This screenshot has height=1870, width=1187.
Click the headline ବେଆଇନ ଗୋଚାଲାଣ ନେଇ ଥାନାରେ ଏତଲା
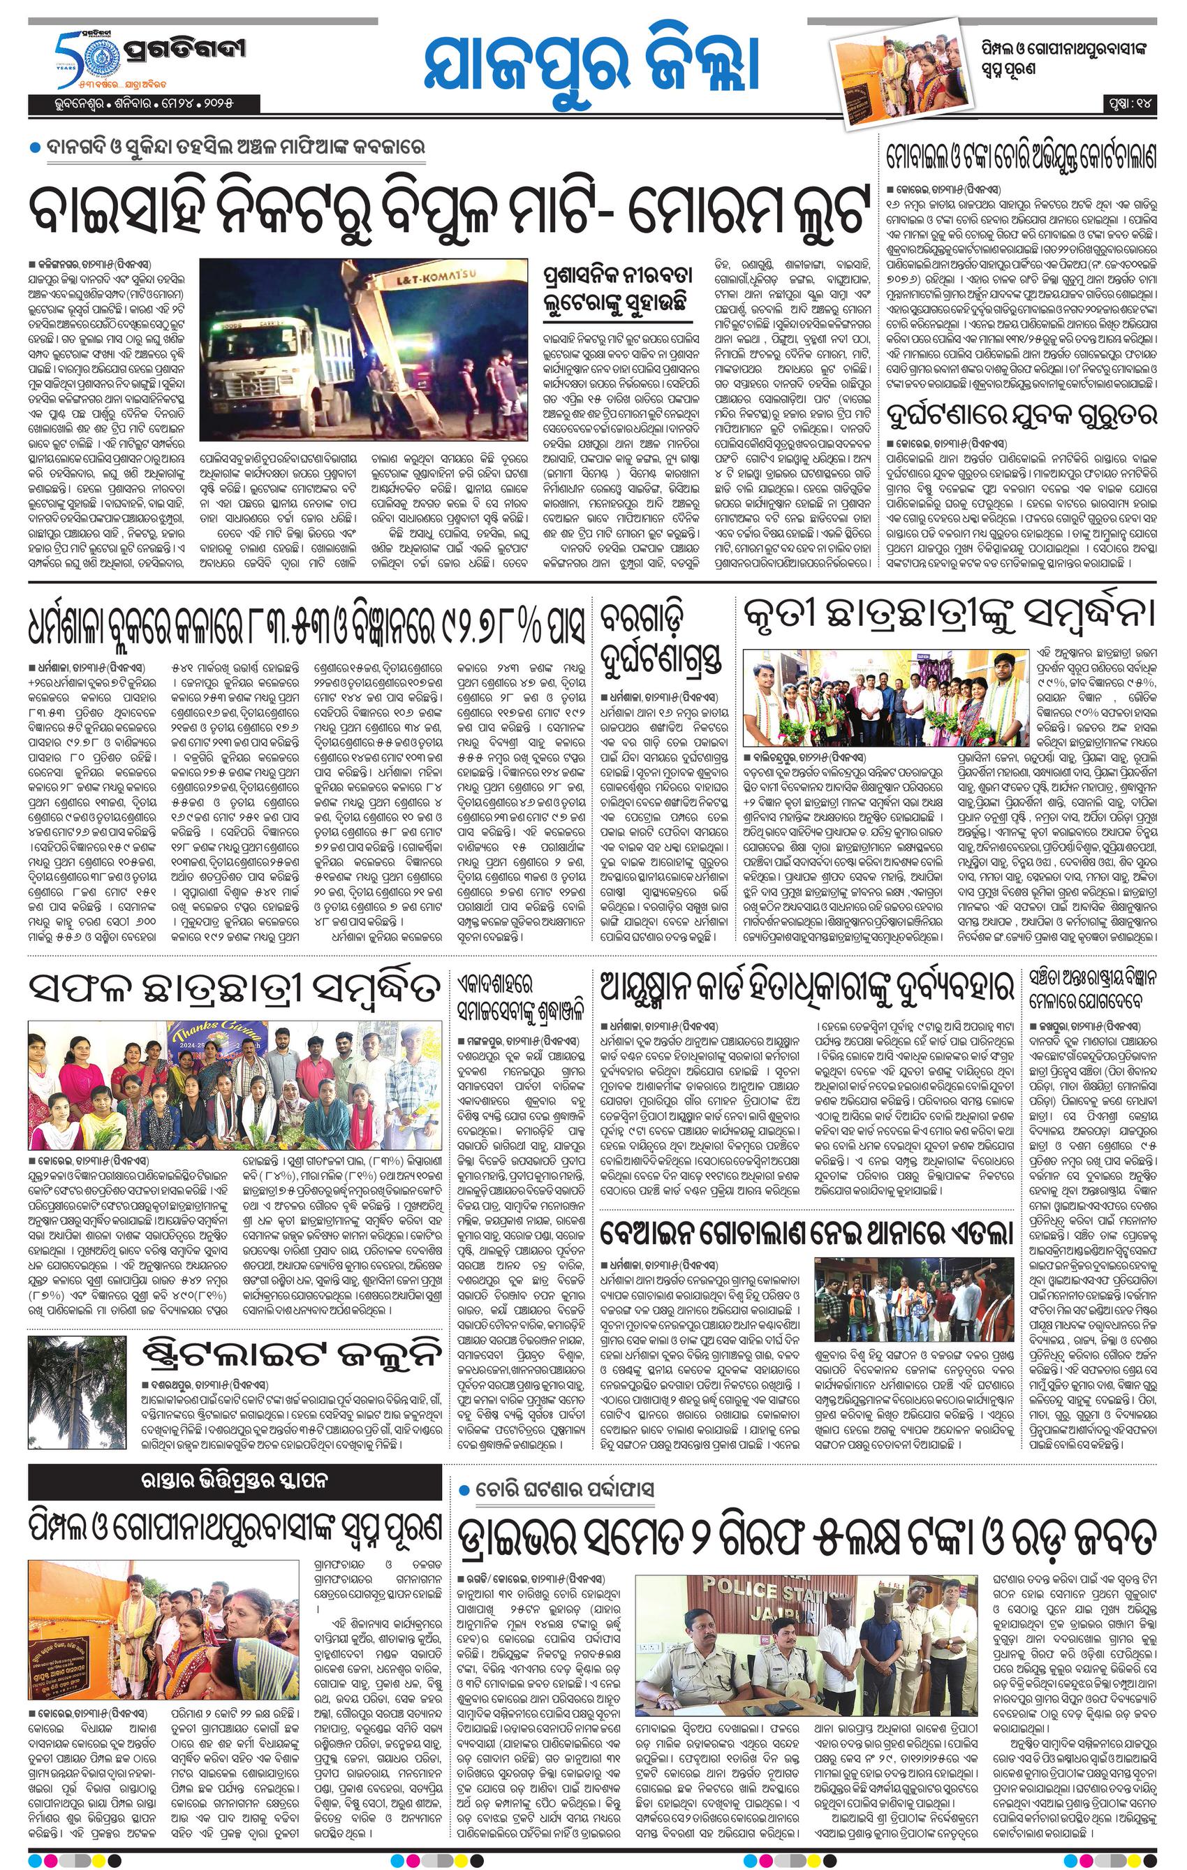807,1232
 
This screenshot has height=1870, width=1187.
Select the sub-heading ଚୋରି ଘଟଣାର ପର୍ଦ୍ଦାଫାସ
567,1489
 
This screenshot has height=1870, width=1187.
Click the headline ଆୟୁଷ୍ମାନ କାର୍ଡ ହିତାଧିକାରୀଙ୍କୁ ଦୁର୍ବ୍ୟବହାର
807,988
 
